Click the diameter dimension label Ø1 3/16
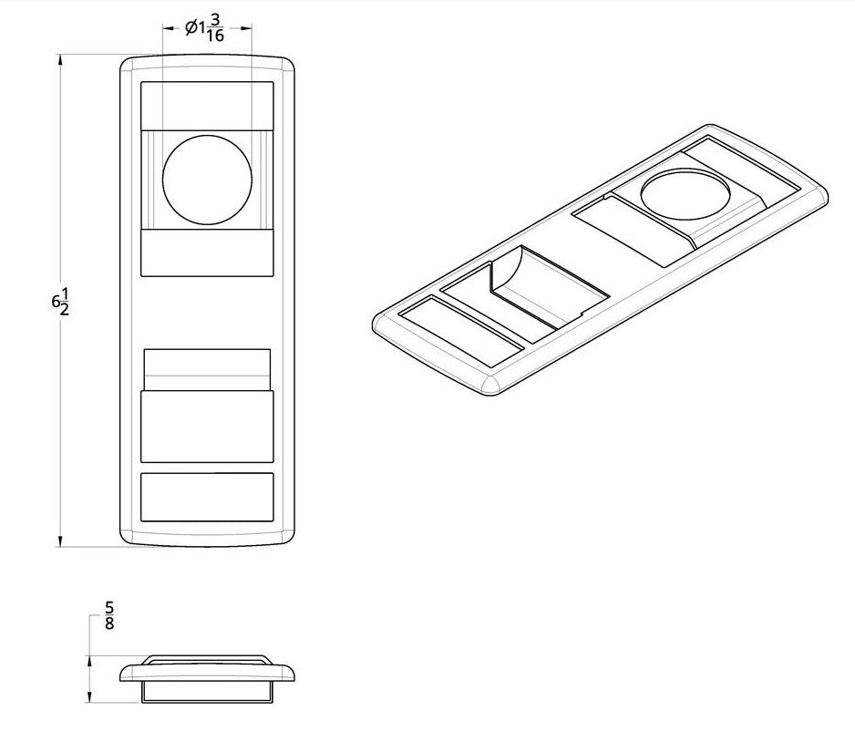click(x=205, y=28)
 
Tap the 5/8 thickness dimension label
click(x=110, y=615)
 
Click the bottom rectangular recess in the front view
click(x=208, y=497)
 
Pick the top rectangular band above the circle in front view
click(x=208, y=105)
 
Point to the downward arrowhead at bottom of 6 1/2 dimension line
click(x=61, y=541)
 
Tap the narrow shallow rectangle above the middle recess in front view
click(x=208, y=368)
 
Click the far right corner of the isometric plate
click(x=823, y=194)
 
